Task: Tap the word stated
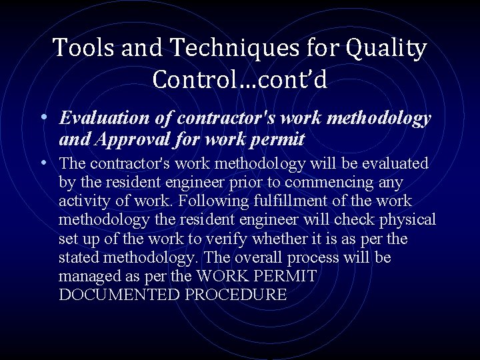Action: tap(78, 257)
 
